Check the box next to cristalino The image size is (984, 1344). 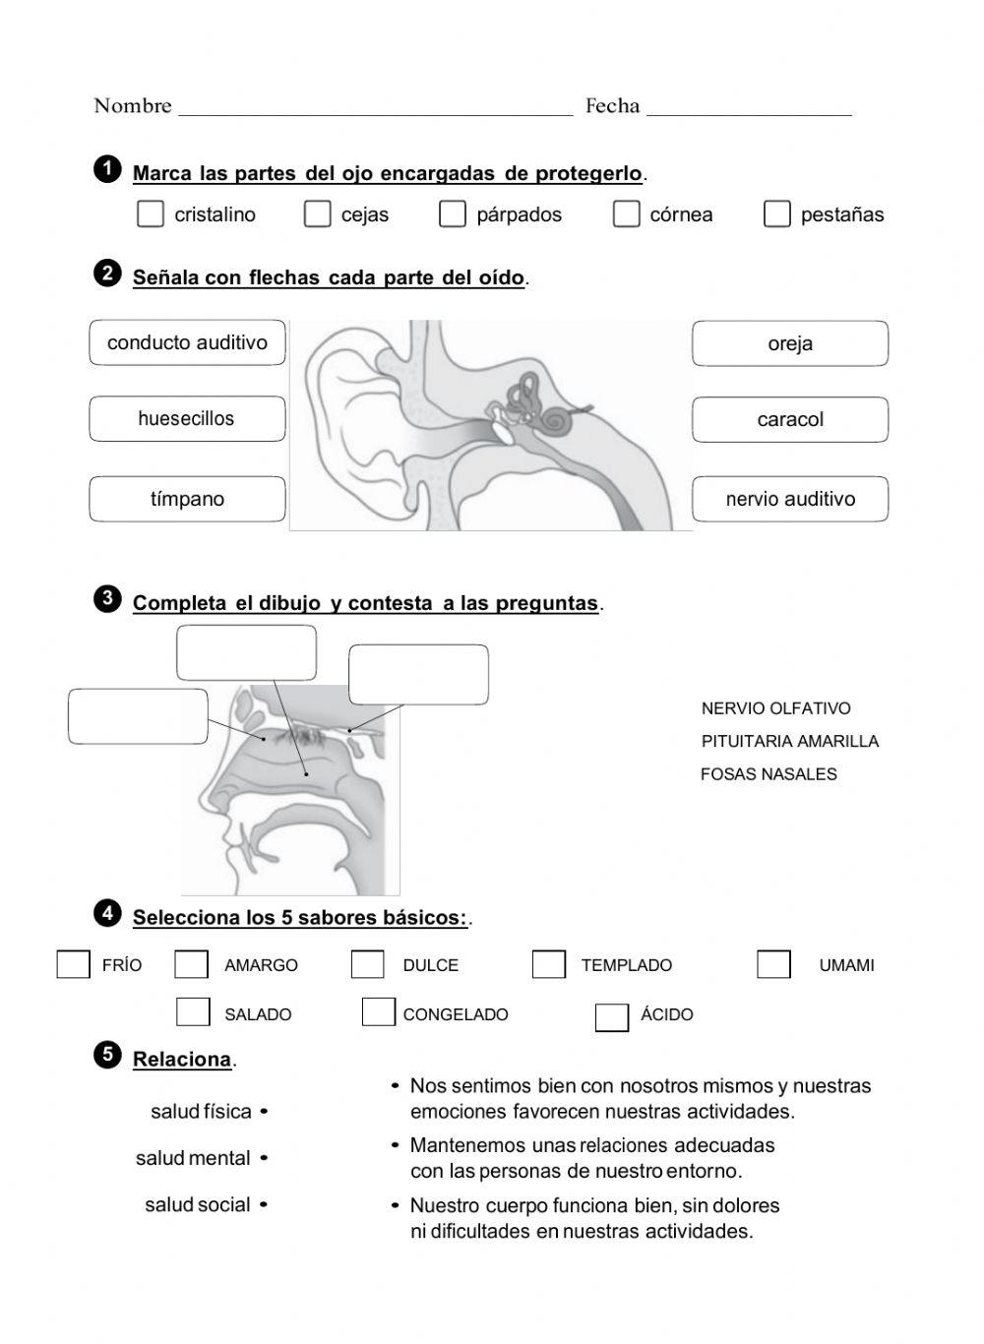[x=151, y=214]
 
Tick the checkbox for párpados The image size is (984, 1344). [x=452, y=214]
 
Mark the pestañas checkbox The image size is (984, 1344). [x=776, y=214]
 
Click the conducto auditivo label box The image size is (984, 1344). [x=187, y=342]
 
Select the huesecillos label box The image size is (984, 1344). [x=187, y=419]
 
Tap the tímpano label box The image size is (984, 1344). [x=187, y=499]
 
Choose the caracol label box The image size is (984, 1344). [x=789, y=420]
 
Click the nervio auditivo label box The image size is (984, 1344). [x=789, y=499]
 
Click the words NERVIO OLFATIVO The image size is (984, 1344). [x=775, y=708]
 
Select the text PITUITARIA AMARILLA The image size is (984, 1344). [x=789, y=741]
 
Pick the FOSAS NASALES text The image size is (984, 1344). [x=769, y=774]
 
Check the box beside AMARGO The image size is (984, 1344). [x=191, y=964]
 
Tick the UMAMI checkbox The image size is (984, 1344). [x=773, y=964]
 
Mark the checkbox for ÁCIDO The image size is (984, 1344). [x=611, y=1016]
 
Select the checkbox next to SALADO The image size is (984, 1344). [x=193, y=1012]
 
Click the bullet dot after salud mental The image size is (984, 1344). [x=264, y=1158]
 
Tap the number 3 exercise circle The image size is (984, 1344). [x=107, y=598]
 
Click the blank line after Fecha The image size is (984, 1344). [x=749, y=108]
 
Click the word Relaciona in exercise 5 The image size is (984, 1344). [x=182, y=1060]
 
